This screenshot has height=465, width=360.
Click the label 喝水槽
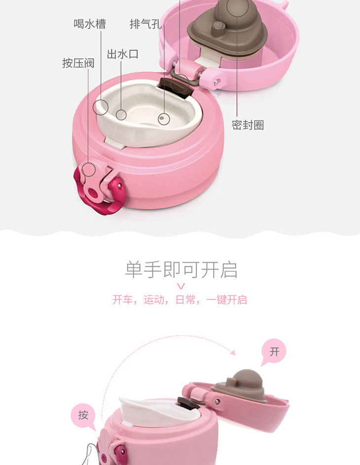[x=90, y=24]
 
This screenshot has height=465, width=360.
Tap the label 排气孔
[x=145, y=24]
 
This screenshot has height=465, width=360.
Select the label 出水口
[x=122, y=54]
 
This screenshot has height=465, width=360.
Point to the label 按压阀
[x=78, y=63]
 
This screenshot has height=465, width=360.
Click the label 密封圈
[x=248, y=125]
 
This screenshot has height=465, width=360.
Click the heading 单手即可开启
[x=181, y=269]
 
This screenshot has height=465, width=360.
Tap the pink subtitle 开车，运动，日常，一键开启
[x=180, y=299]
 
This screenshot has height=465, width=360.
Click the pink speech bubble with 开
[x=274, y=352]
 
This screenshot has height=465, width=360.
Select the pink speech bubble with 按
[x=83, y=415]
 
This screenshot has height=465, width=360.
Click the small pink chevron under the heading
[x=181, y=286]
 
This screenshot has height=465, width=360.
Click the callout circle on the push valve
[x=88, y=170]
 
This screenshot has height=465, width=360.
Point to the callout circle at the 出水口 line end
[x=121, y=114]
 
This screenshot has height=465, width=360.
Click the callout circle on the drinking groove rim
[x=101, y=107]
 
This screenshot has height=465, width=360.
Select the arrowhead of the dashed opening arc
[x=233, y=352]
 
